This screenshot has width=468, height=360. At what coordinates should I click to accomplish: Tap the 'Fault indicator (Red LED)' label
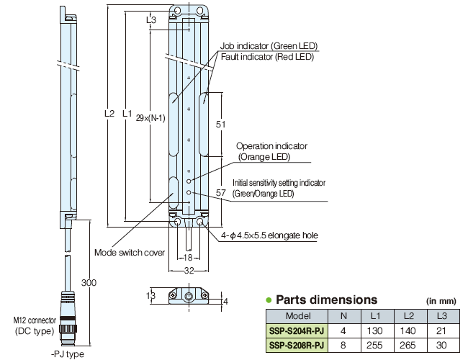click(268, 57)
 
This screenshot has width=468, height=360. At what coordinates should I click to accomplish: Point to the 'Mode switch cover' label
click(130, 253)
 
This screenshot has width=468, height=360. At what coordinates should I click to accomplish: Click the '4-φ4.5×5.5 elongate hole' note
click(269, 235)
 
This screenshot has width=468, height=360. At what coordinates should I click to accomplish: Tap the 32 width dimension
click(187, 271)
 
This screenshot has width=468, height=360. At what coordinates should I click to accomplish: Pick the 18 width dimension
click(187, 257)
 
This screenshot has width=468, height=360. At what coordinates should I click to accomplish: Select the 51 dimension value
click(221, 124)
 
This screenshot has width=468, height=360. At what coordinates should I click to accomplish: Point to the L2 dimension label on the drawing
click(109, 113)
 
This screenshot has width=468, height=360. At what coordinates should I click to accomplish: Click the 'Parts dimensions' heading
click(327, 300)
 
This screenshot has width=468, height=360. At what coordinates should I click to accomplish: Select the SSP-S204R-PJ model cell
click(296, 330)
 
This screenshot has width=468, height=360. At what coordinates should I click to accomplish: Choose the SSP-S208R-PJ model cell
click(296, 345)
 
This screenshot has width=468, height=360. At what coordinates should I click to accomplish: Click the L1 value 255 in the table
click(375, 345)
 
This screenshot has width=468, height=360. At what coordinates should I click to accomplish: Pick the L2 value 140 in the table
click(408, 330)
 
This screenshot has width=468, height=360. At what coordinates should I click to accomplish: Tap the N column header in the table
click(343, 316)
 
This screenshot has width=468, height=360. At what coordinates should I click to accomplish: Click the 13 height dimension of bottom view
click(150, 295)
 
